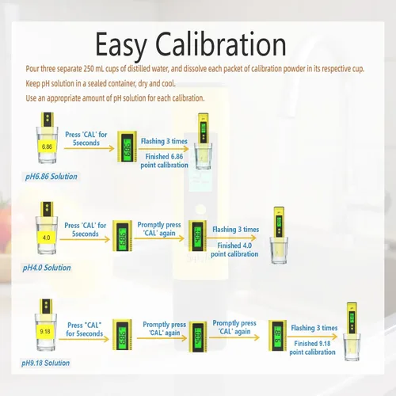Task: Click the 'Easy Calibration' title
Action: coord(191,45)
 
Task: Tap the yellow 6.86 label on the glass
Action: coord(47,147)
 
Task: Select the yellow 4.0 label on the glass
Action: coord(46,238)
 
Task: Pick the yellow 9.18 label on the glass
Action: coord(45,331)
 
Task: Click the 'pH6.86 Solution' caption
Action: coord(51,177)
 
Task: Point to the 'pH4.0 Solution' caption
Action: coord(47,268)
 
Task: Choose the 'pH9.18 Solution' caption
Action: coord(45,363)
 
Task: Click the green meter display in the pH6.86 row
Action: coord(128,147)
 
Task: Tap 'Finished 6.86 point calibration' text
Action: coord(164,161)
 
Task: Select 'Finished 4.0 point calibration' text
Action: coord(234,249)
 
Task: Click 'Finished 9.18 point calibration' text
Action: coord(312,348)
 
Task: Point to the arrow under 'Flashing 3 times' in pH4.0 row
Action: coord(231,238)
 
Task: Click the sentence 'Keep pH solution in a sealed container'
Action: coord(101,83)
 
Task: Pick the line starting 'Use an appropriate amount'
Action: coord(115,98)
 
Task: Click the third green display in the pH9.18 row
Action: coord(277,336)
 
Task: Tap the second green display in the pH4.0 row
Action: coord(197,236)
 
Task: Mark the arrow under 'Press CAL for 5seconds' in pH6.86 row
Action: coord(89,148)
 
